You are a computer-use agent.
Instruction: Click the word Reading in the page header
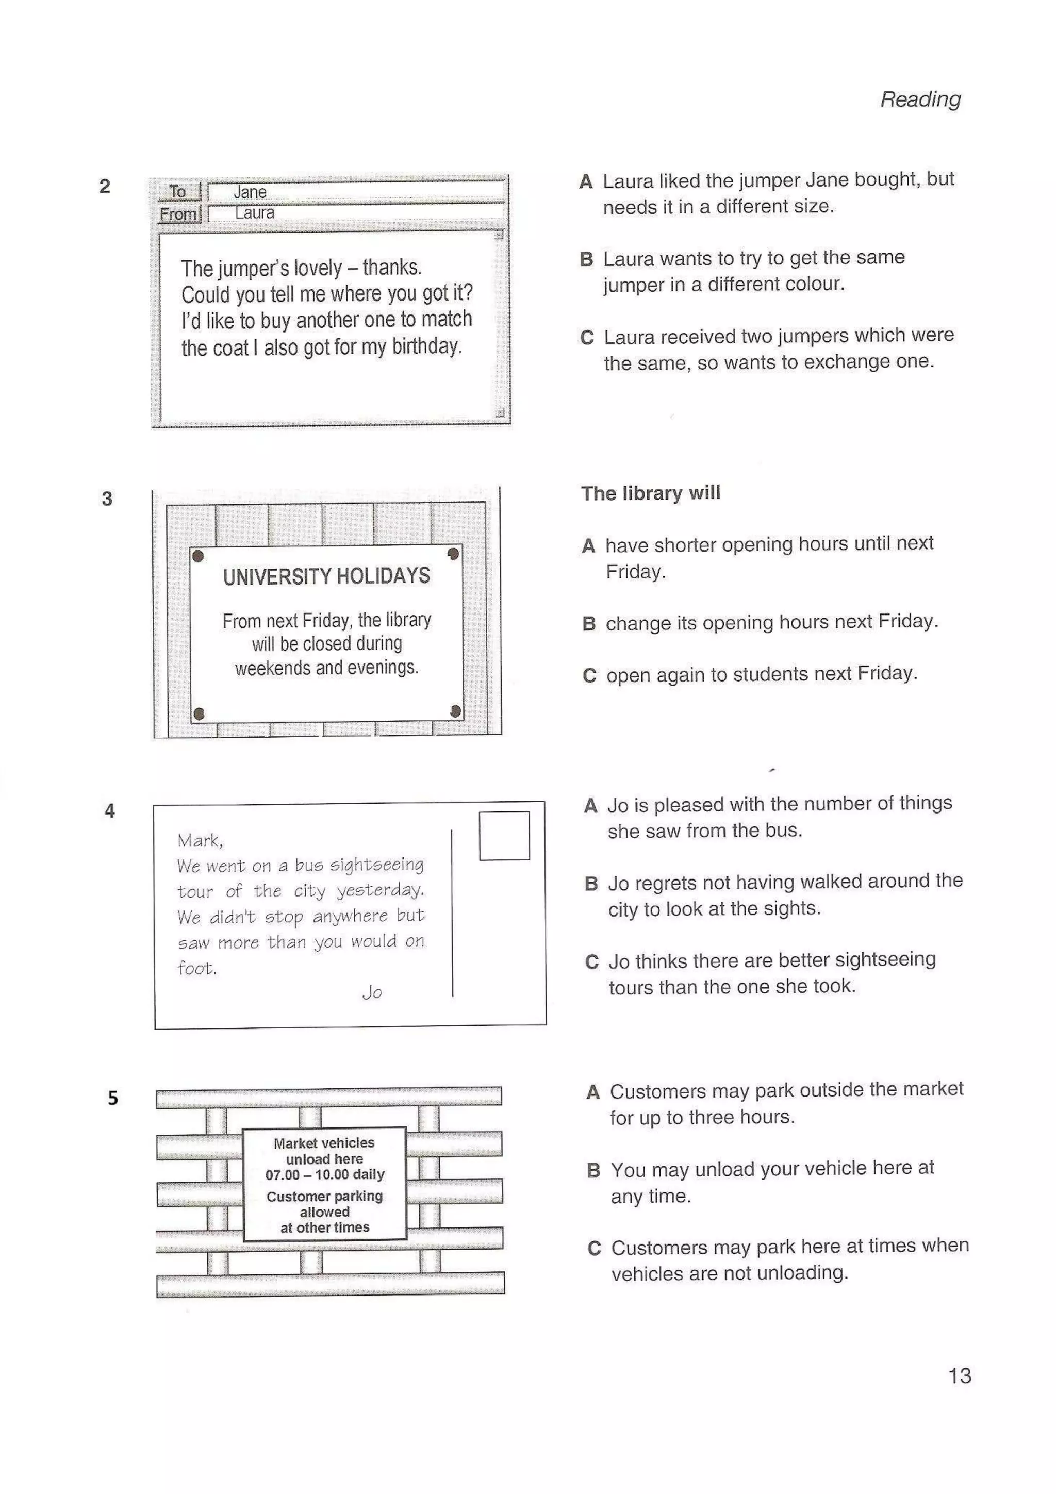point(920,99)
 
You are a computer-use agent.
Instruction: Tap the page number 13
point(959,1375)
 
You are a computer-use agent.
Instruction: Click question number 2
point(105,187)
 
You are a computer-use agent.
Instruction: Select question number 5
point(112,1099)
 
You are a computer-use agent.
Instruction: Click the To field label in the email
point(177,191)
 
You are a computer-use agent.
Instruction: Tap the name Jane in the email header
point(250,192)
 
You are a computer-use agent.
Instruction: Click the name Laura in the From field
point(254,213)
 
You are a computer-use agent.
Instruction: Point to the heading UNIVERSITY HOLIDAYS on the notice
point(326,576)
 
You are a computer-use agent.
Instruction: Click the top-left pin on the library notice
point(199,556)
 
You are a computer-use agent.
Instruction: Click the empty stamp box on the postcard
point(504,836)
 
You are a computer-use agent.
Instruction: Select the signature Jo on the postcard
point(372,992)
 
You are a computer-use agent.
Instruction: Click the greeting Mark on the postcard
point(199,841)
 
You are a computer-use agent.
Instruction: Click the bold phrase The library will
point(650,493)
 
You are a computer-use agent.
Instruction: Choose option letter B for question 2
point(586,259)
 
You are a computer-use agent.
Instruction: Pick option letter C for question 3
point(589,675)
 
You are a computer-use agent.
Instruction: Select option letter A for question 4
point(590,806)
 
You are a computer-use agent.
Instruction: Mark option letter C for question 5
point(594,1248)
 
